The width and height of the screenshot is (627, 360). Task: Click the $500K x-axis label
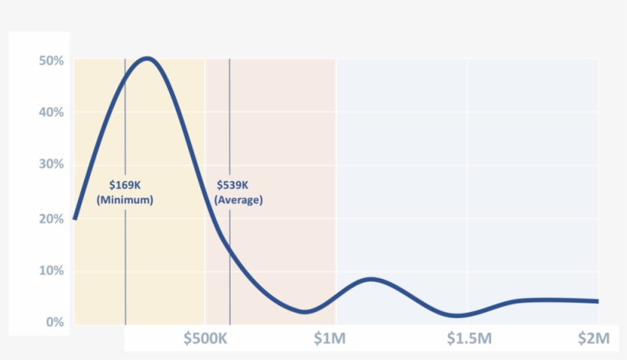206,339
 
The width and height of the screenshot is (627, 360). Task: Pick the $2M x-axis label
593,339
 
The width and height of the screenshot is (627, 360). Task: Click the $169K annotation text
125,185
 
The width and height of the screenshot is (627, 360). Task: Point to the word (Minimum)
125,200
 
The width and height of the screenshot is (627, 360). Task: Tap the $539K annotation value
232,185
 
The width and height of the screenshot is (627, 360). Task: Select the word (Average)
239,200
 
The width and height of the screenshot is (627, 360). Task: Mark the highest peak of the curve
146,58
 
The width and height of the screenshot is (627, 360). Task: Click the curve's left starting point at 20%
74,219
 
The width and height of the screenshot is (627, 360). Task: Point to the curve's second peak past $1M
370,279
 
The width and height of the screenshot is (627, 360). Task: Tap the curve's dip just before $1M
305,311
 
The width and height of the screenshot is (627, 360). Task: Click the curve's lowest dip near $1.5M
457,315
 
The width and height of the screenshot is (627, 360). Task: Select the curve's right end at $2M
597,301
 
